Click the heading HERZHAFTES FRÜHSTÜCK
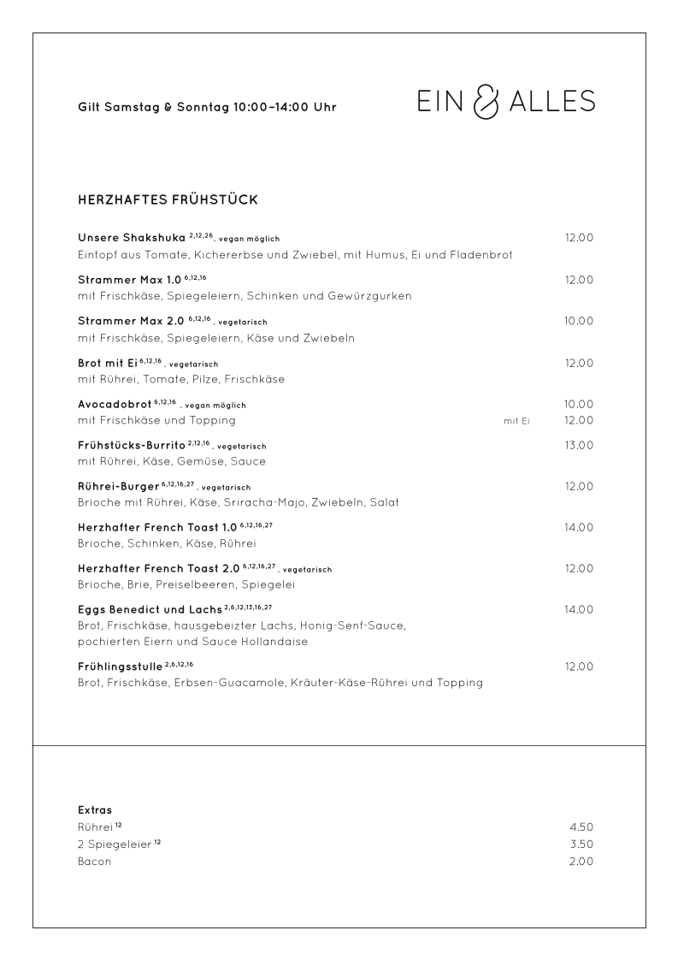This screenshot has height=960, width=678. tap(168, 200)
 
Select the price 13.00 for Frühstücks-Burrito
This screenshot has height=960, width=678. tap(579, 445)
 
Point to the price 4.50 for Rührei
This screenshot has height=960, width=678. tap(581, 827)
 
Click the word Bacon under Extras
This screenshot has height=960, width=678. tap(94, 862)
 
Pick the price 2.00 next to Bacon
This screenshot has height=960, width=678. tap(581, 862)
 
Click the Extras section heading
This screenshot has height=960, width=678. tap(95, 809)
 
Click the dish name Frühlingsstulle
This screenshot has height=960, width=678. tap(120, 666)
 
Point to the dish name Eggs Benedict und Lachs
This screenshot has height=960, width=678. tap(150, 609)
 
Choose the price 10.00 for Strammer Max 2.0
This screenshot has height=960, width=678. tap(579, 321)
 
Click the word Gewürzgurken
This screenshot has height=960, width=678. tap(368, 296)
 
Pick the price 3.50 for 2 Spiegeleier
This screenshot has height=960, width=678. tap(581, 844)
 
